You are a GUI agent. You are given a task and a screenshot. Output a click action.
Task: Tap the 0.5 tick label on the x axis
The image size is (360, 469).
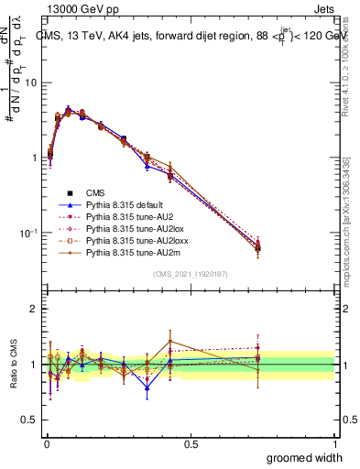click(191, 443)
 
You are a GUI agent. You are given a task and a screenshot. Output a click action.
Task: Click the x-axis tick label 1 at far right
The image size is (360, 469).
click(334, 443)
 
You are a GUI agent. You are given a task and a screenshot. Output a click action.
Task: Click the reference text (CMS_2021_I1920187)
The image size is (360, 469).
click(190, 274)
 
